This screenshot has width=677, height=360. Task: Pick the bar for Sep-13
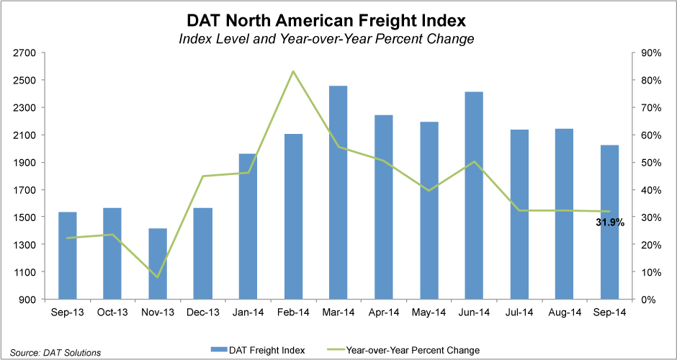click(68, 256)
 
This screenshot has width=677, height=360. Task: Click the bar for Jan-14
click(248, 227)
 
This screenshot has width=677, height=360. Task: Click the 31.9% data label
click(610, 223)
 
